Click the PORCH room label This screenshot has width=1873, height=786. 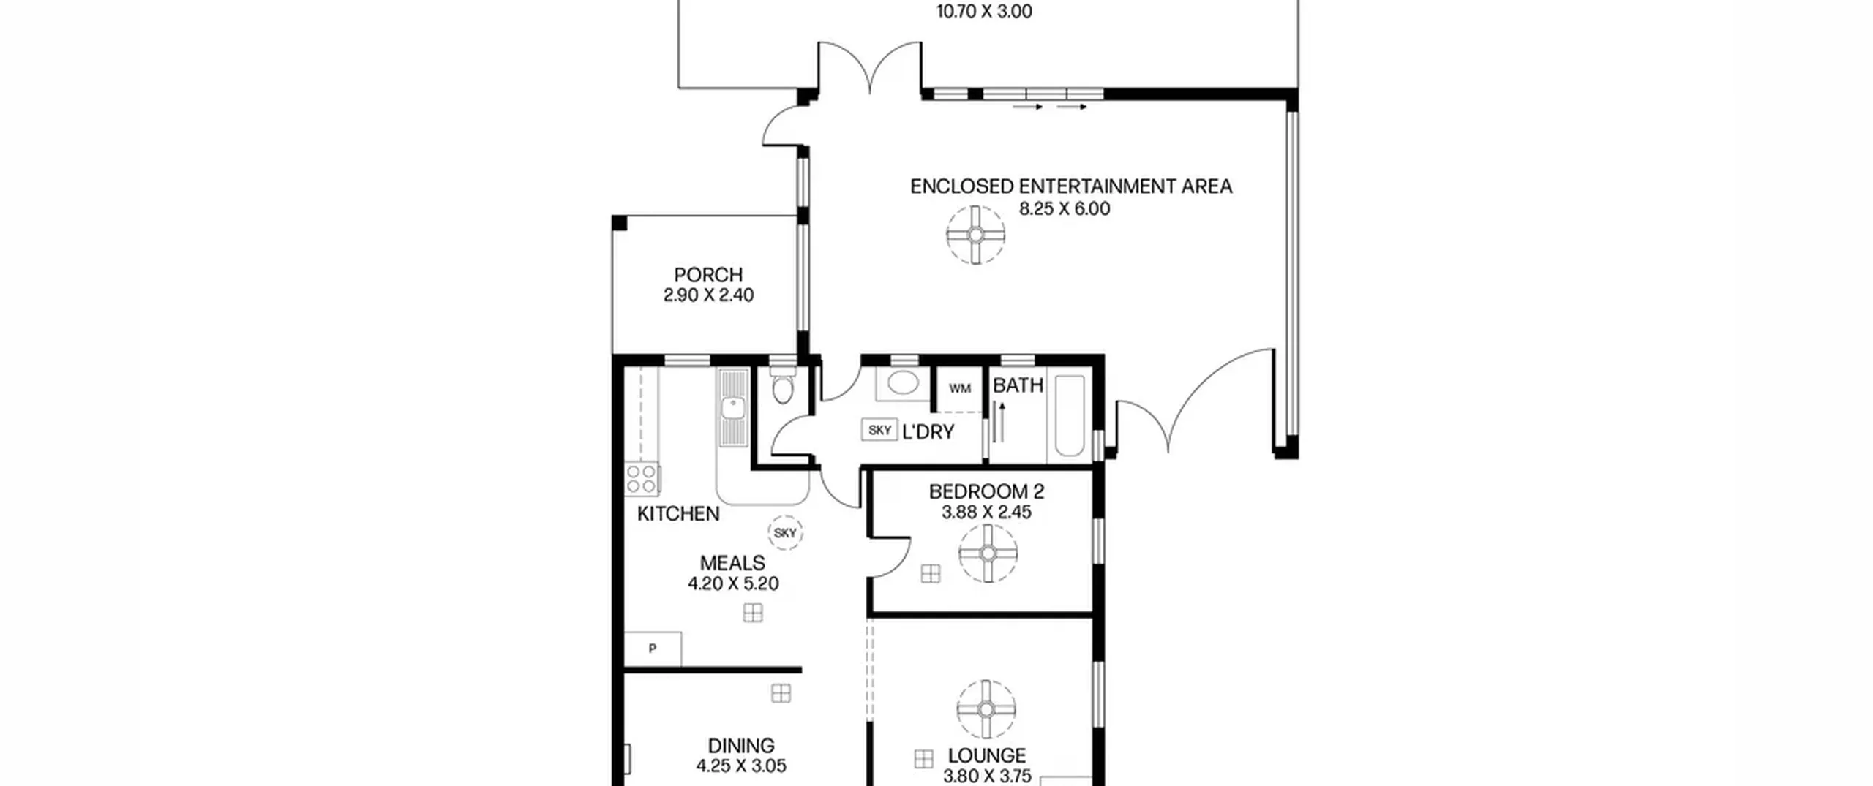[708, 275]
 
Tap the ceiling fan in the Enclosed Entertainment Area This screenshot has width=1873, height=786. [975, 235]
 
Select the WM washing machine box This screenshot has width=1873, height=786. [960, 389]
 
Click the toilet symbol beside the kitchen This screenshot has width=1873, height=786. [783, 385]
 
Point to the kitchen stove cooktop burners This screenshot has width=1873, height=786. [642, 479]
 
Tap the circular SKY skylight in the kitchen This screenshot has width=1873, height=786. [785, 533]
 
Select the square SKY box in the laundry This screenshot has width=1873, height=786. [879, 430]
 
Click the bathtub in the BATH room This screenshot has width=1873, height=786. [1070, 415]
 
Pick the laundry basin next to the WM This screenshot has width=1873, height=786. [903, 382]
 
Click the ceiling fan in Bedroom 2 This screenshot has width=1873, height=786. [988, 553]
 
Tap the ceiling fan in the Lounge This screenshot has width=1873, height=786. [986, 709]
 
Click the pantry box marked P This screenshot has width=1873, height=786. [653, 649]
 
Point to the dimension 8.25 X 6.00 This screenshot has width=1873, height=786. [1065, 209]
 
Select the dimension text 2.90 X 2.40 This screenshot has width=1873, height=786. [708, 295]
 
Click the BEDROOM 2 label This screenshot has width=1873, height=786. [986, 492]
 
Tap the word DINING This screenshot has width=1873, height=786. [741, 746]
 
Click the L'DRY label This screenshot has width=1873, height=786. [928, 432]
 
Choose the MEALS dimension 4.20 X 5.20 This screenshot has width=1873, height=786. [733, 583]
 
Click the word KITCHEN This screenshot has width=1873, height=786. [678, 514]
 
